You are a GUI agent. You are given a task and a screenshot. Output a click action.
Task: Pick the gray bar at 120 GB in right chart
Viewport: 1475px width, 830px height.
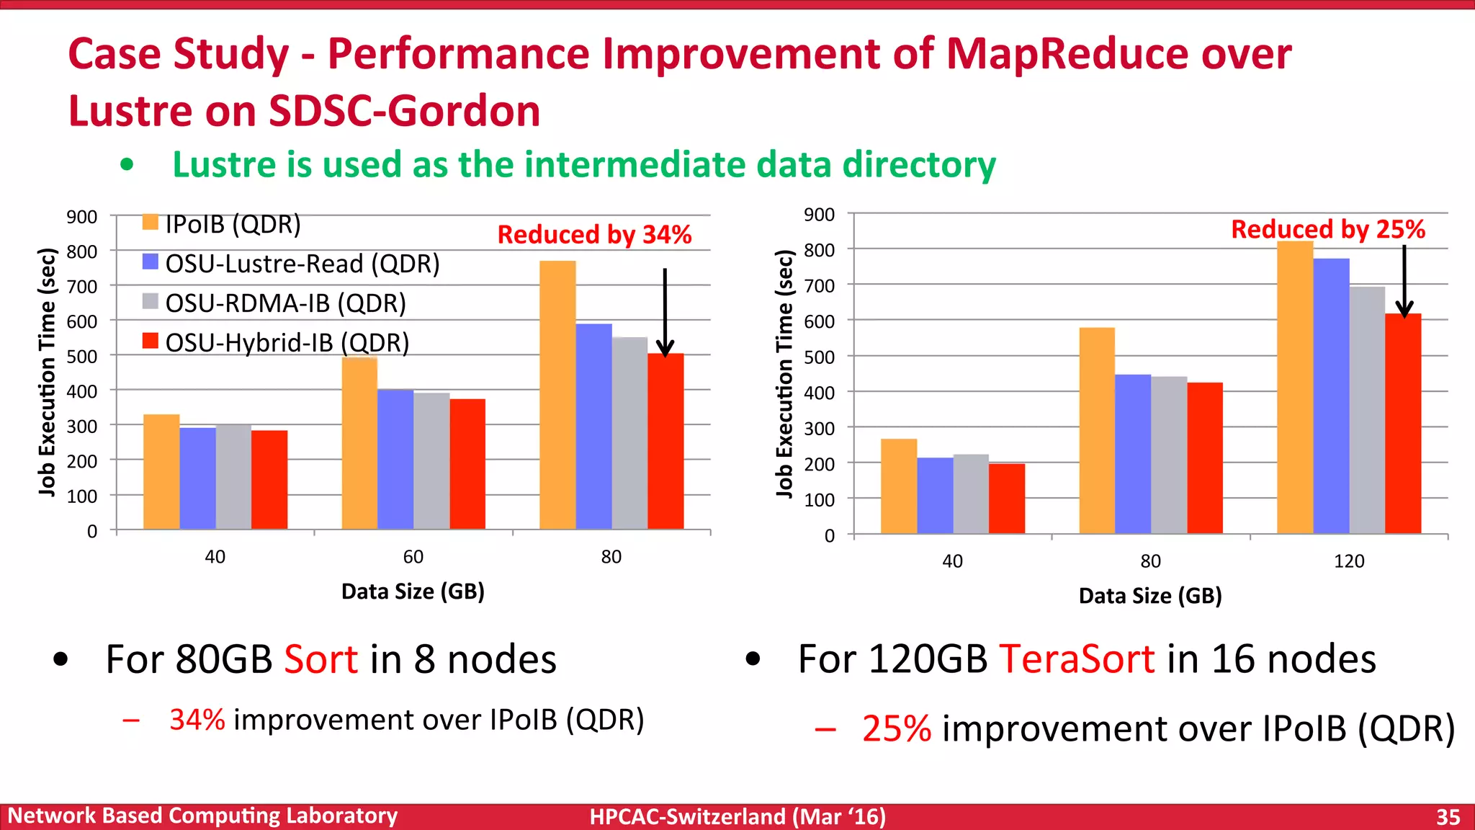point(1367,410)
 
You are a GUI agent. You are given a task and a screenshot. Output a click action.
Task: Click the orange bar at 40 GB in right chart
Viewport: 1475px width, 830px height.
point(899,486)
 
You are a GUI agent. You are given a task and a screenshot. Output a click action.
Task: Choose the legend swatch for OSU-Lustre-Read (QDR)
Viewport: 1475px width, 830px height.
point(150,262)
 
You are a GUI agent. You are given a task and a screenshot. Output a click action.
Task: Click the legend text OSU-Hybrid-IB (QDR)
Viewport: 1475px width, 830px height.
point(287,342)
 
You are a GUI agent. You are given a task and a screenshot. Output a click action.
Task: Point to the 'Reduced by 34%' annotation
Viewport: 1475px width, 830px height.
point(594,235)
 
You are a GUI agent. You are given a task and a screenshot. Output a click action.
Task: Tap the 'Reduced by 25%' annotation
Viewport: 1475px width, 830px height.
point(1327,229)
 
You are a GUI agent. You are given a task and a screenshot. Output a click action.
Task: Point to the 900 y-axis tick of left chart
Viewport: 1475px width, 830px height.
point(81,217)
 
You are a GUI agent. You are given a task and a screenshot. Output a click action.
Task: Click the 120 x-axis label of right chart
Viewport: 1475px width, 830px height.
point(1348,561)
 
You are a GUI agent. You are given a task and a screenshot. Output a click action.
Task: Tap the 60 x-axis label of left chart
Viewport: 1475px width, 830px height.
point(413,557)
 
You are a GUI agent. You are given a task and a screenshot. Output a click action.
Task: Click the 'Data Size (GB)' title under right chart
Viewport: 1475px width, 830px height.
point(1149,596)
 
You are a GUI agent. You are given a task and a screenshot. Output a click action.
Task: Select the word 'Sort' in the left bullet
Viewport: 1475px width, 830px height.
point(320,659)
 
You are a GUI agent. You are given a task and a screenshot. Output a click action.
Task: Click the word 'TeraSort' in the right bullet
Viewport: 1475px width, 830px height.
point(1077,659)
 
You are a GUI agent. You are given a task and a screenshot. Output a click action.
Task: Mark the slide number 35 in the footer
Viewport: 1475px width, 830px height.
point(1448,816)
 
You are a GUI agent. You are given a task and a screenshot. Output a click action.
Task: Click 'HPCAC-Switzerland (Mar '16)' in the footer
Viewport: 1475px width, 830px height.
point(737,816)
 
